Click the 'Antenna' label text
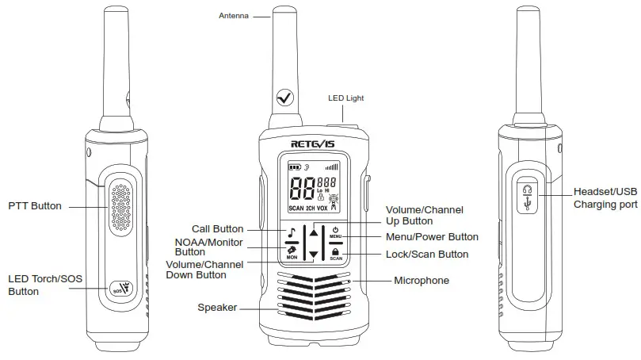pyautogui.click(x=233, y=15)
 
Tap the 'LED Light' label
pyautogui.click(x=346, y=98)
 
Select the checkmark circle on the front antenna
pyautogui.click(x=283, y=98)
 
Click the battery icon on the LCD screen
pyautogui.click(x=296, y=167)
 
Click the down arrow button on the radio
pyautogui.click(x=314, y=255)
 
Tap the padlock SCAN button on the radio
pyautogui.click(x=336, y=252)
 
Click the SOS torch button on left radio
pyautogui.click(x=121, y=288)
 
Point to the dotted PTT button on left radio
pyautogui.click(x=120, y=205)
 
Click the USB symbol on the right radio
pyautogui.click(x=528, y=204)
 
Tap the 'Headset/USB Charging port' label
pyautogui.click(x=605, y=198)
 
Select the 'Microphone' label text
pyautogui.click(x=422, y=281)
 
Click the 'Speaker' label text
pyautogui.click(x=217, y=308)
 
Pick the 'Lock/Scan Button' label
pyautogui.click(x=427, y=255)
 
